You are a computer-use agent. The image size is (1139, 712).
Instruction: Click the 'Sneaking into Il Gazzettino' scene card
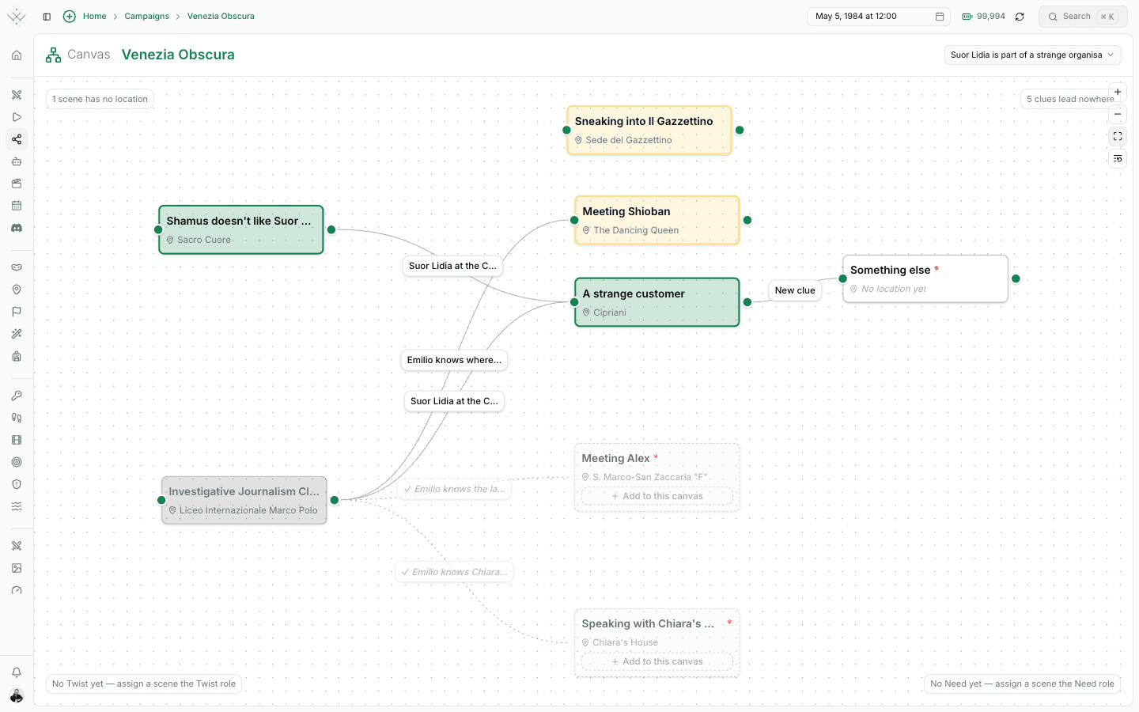pyautogui.click(x=649, y=131)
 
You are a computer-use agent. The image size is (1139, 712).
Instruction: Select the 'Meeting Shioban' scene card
pyautogui.click(x=657, y=220)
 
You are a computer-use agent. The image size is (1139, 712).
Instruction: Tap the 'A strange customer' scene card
pyautogui.click(x=657, y=302)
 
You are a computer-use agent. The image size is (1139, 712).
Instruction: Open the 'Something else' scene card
pyautogui.click(x=925, y=278)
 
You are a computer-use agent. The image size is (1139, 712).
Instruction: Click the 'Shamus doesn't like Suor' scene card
pyautogui.click(x=241, y=230)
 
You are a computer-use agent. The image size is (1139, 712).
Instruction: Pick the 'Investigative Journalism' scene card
pyautogui.click(x=244, y=500)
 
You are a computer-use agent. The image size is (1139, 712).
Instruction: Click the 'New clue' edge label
pyautogui.click(x=795, y=290)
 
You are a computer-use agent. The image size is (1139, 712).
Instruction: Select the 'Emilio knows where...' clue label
pyautogui.click(x=454, y=360)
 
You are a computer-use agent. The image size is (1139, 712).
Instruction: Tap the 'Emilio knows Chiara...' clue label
pyautogui.click(x=454, y=572)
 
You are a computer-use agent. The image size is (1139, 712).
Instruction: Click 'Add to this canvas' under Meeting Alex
pyautogui.click(x=657, y=496)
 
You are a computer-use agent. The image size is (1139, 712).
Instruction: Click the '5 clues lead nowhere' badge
pyautogui.click(x=1070, y=99)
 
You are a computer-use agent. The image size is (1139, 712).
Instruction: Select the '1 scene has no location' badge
pyautogui.click(x=100, y=99)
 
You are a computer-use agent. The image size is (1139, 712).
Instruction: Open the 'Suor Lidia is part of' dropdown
pyautogui.click(x=1032, y=55)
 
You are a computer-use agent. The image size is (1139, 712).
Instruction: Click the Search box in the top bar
pyautogui.click(x=1083, y=17)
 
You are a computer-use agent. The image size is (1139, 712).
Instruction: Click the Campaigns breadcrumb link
pyautogui.click(x=146, y=17)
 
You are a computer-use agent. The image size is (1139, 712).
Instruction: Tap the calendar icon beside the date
pyautogui.click(x=940, y=17)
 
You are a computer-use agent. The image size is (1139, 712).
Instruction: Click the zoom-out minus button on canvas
pyautogui.click(x=1117, y=115)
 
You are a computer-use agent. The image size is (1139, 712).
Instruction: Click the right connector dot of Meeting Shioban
pyautogui.click(x=747, y=220)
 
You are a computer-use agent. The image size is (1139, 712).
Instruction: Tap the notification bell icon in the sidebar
pyautogui.click(x=17, y=672)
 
